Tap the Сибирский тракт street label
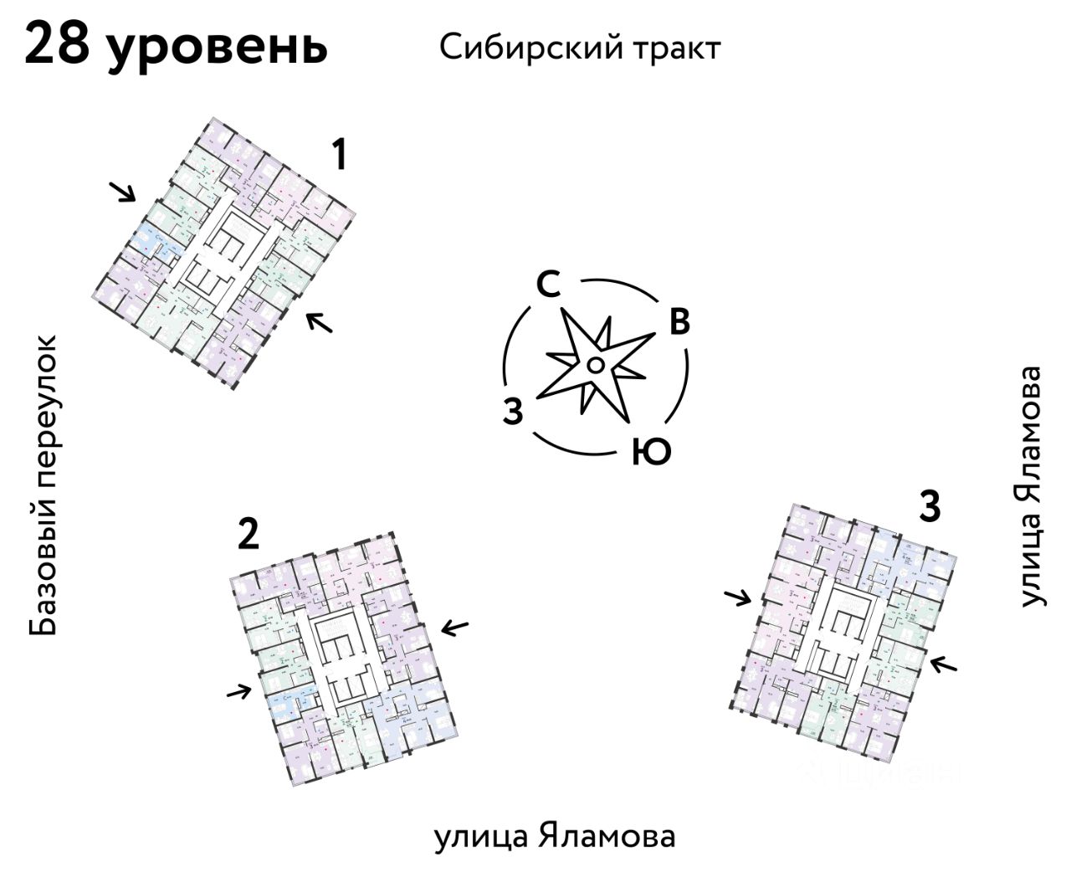pos(579,48)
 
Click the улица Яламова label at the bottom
pos(554,837)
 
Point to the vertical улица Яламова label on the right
pos(1032,485)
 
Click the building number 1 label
pos(338,156)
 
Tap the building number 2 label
pos(248,535)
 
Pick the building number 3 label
pos(930,506)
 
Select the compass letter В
pos(679,322)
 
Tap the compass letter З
pos(513,412)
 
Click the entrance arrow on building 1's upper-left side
pos(124,192)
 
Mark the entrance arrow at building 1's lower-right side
pos(319,321)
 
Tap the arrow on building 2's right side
pos(455,628)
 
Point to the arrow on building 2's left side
pos(239,691)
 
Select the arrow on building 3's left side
pos(738,597)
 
